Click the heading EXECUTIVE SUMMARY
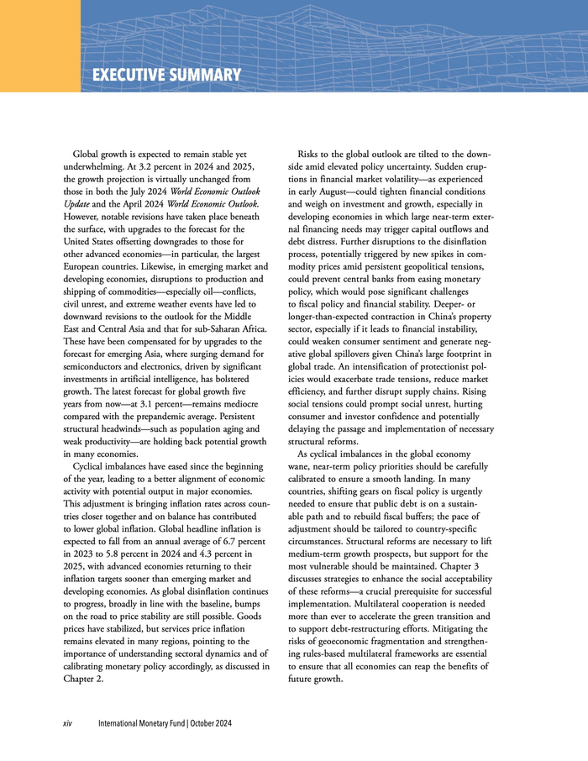click(x=166, y=76)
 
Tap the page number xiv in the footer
click(x=70, y=723)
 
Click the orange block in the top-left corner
click(x=39, y=45)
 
